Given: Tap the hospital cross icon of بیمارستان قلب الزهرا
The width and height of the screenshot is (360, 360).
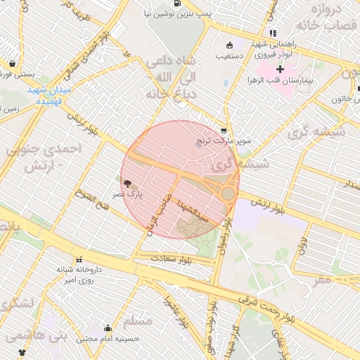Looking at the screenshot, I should tap(280, 69).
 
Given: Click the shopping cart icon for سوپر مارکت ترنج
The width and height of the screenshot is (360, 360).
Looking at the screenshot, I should tap(224, 130).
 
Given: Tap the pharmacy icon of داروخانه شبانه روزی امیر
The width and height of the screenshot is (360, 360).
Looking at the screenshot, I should tap(79, 259).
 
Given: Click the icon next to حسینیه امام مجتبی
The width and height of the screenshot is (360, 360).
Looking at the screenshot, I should tap(108, 328).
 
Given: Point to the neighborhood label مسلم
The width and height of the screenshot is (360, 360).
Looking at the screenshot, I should tap(138, 321).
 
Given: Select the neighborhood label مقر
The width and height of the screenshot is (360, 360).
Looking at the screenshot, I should tap(322, 279).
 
